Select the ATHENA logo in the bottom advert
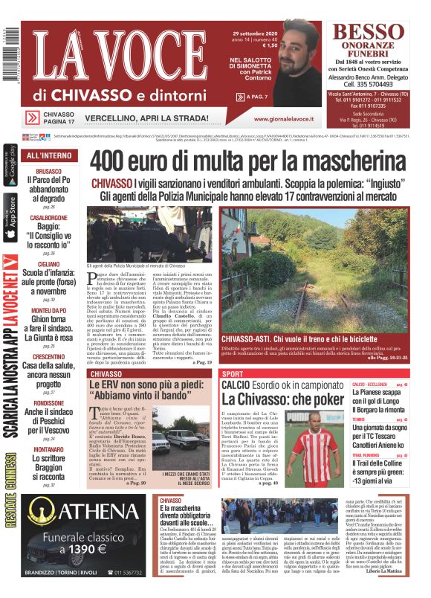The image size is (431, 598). tap(71, 514)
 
